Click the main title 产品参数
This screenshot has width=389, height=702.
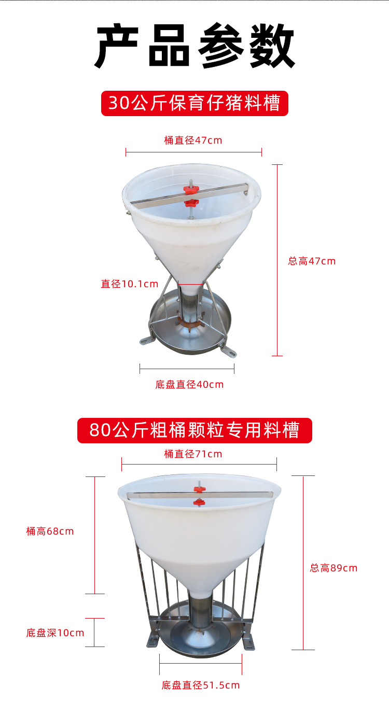pos(195,46)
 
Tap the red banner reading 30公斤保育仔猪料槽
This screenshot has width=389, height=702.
pos(195,103)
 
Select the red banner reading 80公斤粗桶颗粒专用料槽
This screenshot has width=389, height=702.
pos(195,430)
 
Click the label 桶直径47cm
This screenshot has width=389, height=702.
pos(193,141)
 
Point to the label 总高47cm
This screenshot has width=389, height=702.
pos(312,261)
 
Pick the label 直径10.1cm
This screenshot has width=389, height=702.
pos(130,284)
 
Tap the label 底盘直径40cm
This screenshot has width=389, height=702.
pos(189,385)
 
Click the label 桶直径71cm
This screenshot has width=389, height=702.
pos(193,454)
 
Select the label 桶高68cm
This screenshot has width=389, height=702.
pos(50,531)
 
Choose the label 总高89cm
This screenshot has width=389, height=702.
pos(334,568)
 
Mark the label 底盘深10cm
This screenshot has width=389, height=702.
pos(55,633)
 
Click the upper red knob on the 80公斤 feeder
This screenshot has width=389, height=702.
pos(199,489)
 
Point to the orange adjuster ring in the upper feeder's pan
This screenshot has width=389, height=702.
pos(190,321)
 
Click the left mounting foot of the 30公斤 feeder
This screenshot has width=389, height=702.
pos(146,341)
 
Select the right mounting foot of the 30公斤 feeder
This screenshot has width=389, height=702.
pos(229,351)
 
